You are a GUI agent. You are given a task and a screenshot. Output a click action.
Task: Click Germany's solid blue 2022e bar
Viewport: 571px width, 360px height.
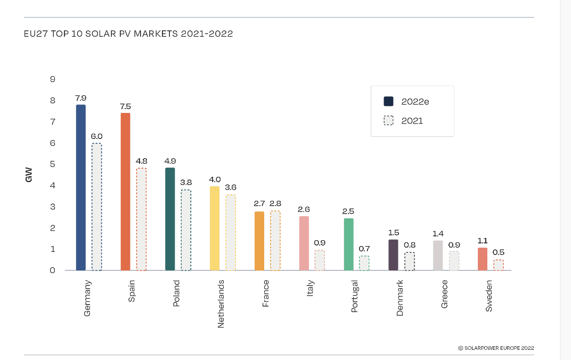coord(81,187)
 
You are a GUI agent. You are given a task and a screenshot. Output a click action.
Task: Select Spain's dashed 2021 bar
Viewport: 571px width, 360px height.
coord(141,219)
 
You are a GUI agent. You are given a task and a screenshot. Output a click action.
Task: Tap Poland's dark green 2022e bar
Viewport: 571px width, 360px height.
coord(170,219)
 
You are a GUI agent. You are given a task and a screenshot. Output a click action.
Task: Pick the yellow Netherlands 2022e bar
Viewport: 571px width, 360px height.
coord(215,228)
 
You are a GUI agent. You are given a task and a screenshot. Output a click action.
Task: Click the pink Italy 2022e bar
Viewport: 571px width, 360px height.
coord(304,243)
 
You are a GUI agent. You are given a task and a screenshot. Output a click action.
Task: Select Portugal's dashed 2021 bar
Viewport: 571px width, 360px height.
coord(364,263)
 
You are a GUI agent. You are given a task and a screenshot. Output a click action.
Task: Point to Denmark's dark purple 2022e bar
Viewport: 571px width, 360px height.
coord(393,255)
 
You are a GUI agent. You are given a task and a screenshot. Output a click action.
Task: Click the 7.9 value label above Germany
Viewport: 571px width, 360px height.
coord(81,98)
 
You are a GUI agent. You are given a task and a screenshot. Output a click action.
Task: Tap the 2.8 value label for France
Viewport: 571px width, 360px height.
coord(275,203)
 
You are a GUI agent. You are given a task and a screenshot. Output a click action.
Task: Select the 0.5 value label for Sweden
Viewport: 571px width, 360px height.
coord(499,252)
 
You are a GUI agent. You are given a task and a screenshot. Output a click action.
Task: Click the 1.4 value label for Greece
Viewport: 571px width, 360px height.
coord(438,233)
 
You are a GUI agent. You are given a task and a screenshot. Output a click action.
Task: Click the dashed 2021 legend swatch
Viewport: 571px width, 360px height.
coord(388,121)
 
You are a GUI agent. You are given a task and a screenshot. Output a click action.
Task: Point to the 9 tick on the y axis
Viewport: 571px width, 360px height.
coord(53,79)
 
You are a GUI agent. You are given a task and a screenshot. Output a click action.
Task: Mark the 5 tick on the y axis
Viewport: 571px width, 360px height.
coord(53,164)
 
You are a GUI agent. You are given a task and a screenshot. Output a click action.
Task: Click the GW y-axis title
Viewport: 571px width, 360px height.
coord(29,175)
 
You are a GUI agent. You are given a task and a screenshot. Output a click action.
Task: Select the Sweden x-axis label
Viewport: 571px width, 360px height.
coord(489,296)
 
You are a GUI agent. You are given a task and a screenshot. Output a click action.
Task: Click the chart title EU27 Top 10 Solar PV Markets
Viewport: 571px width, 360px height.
coord(128,34)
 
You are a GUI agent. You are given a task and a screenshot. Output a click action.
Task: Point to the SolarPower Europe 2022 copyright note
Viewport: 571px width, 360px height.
coord(495,348)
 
